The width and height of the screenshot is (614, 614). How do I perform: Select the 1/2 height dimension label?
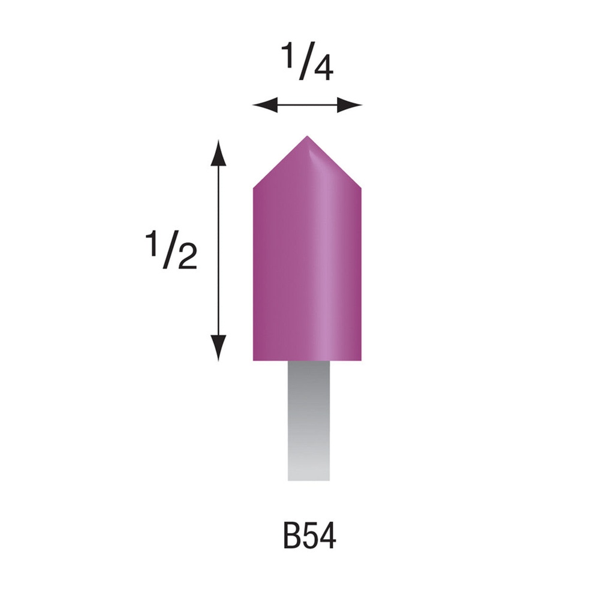(x=171, y=250)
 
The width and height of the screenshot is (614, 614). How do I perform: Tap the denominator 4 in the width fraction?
(x=323, y=70)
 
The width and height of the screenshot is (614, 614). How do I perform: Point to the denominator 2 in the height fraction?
(x=186, y=256)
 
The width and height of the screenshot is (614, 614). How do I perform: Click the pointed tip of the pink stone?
(x=307, y=137)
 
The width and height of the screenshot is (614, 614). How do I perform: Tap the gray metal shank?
(x=309, y=420)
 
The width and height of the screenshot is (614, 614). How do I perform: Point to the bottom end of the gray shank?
(x=309, y=478)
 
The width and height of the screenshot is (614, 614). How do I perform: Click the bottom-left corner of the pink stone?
(x=254, y=359)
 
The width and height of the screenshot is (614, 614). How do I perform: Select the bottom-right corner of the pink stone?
(x=360, y=359)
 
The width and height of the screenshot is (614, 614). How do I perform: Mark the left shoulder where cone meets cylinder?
(x=254, y=188)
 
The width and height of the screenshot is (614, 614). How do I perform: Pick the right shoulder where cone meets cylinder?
(x=360, y=188)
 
